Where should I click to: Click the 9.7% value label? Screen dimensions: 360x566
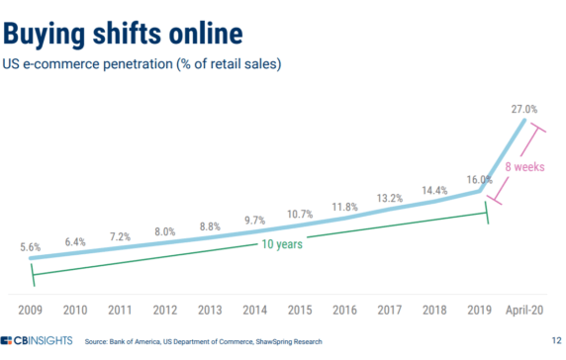tap(255, 219)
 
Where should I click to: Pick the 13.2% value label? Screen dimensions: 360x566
tap(391, 198)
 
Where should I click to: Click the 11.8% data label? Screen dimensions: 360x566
tap(345, 206)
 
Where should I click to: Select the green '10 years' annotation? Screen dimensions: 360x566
tap(278, 243)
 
